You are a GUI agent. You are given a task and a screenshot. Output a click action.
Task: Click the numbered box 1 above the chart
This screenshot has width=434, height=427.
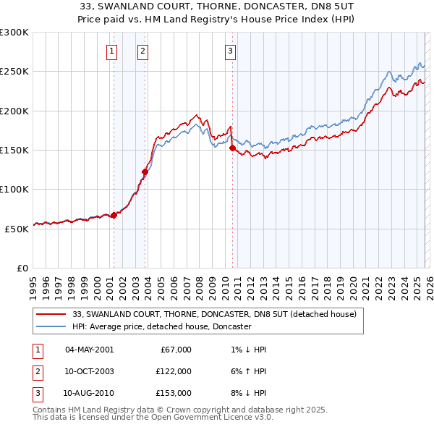click(x=113, y=51)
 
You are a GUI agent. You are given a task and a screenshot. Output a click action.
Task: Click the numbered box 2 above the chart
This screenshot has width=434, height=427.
click(x=143, y=51)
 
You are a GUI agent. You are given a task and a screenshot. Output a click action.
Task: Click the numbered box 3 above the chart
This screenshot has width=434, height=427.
click(x=230, y=51)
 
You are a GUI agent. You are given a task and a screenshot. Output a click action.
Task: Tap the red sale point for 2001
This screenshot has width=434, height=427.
click(x=114, y=215)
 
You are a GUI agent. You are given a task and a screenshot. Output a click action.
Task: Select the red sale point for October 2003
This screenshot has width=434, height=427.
click(x=145, y=172)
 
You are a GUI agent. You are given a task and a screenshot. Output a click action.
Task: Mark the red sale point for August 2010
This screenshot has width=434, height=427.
click(x=232, y=148)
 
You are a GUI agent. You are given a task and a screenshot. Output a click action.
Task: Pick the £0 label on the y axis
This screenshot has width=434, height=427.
click(x=22, y=268)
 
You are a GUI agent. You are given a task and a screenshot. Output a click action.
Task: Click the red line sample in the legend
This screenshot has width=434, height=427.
click(x=52, y=315)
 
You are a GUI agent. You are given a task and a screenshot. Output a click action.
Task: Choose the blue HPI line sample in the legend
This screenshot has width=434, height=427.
click(x=52, y=327)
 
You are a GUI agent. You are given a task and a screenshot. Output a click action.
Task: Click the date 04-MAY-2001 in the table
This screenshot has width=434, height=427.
click(x=89, y=350)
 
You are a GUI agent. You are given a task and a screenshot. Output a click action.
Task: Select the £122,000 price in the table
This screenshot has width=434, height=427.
click(x=173, y=371)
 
